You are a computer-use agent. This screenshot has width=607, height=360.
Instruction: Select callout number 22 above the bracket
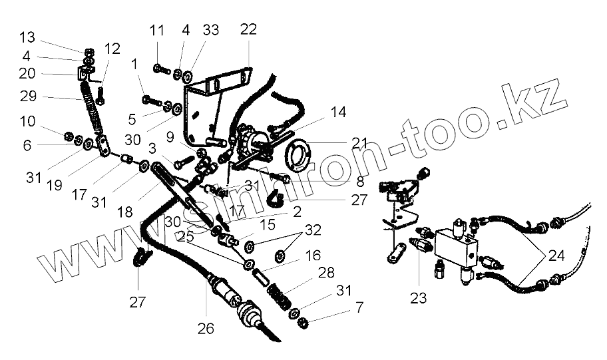click(248, 30)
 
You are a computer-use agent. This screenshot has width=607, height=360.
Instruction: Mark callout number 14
click(338, 112)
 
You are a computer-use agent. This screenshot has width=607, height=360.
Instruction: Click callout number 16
click(313, 255)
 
